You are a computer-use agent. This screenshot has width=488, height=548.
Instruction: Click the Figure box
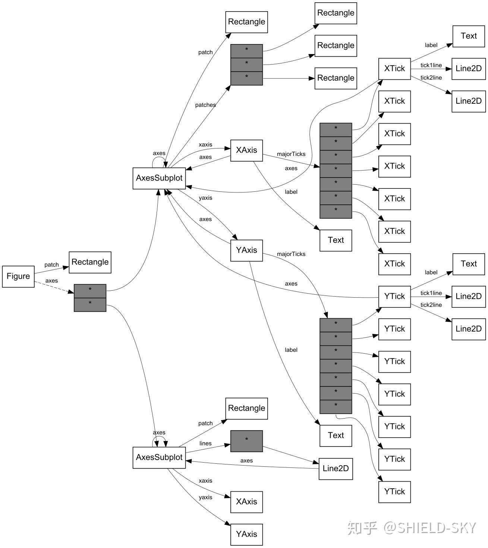click(x=18, y=276)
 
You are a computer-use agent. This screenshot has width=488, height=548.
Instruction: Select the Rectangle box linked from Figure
click(x=90, y=262)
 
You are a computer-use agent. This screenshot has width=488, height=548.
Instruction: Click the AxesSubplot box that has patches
click(x=159, y=178)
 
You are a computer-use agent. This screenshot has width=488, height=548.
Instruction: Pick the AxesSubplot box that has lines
click(x=159, y=457)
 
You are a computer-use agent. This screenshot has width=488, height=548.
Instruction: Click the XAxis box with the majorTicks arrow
click(x=246, y=150)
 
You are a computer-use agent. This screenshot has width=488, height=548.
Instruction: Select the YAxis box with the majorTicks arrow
click(x=246, y=250)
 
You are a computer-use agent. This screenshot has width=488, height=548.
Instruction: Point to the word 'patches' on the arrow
click(x=205, y=105)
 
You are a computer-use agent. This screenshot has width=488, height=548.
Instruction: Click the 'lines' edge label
click(x=205, y=444)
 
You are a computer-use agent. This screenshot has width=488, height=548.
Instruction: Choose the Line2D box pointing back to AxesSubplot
click(x=336, y=469)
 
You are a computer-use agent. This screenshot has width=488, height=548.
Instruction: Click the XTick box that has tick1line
click(x=394, y=69)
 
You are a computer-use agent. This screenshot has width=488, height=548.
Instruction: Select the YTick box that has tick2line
click(x=394, y=297)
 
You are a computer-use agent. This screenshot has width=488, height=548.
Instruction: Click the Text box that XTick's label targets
click(x=469, y=36)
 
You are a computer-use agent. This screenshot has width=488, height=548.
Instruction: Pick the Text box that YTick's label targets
click(x=469, y=264)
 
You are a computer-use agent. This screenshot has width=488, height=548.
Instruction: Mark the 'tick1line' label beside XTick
click(x=431, y=65)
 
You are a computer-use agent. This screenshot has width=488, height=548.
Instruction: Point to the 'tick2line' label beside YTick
click(x=431, y=305)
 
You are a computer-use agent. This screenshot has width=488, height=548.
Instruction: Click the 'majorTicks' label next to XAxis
click(x=291, y=154)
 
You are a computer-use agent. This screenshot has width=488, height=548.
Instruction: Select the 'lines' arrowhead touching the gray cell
click(x=227, y=445)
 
